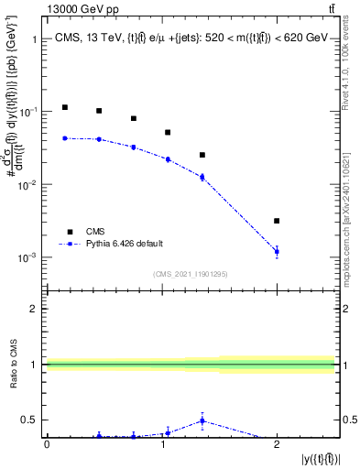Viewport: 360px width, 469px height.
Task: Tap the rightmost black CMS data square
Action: click(x=277, y=221)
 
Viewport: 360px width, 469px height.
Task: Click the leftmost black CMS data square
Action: click(x=64, y=107)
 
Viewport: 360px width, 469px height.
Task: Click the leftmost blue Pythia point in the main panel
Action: click(x=64, y=138)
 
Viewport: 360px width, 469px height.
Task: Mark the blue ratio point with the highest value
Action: click(x=202, y=420)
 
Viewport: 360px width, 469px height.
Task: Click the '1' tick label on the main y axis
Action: click(x=34, y=39)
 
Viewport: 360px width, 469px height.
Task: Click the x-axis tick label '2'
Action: click(x=277, y=444)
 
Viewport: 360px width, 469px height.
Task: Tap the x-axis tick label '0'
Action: click(x=47, y=444)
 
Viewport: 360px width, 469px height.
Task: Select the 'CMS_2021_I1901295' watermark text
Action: click(x=191, y=274)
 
